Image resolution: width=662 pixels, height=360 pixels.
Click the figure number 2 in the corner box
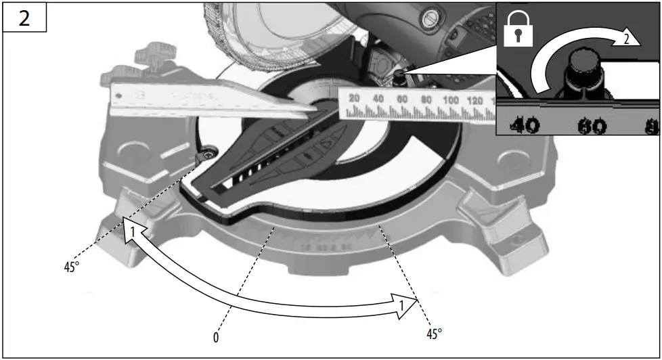click(24, 18)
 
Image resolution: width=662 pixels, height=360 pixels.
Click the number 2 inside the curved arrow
click(626, 39)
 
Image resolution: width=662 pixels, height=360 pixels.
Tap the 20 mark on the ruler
click(353, 99)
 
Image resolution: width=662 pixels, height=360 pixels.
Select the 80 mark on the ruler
click(426, 100)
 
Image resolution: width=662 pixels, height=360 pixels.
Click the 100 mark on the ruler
click(450, 100)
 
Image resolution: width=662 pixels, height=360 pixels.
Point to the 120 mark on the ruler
click(475, 101)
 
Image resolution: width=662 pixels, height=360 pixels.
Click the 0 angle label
click(216, 337)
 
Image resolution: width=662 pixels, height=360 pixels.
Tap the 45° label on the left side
click(72, 267)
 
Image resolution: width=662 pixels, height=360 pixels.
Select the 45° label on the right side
click(434, 334)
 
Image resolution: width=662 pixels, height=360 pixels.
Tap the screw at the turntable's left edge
click(205, 156)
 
